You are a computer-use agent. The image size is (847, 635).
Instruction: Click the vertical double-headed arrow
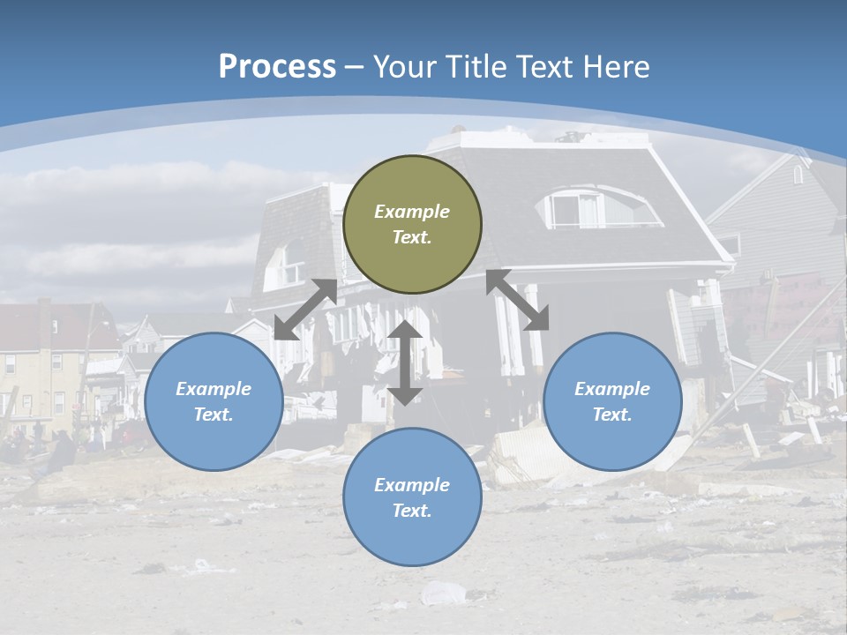click(x=405, y=362)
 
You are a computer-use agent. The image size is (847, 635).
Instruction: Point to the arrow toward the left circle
click(x=305, y=310)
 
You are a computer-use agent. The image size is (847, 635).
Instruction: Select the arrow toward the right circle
click(x=518, y=300)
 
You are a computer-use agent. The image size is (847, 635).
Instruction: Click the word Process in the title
click(x=277, y=67)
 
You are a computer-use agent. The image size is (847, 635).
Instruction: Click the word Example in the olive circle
click(x=412, y=212)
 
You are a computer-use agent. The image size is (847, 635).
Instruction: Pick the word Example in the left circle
click(x=214, y=389)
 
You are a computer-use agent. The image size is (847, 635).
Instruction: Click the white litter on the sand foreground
click(x=442, y=593)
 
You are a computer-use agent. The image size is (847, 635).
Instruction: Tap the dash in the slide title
click(x=355, y=67)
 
